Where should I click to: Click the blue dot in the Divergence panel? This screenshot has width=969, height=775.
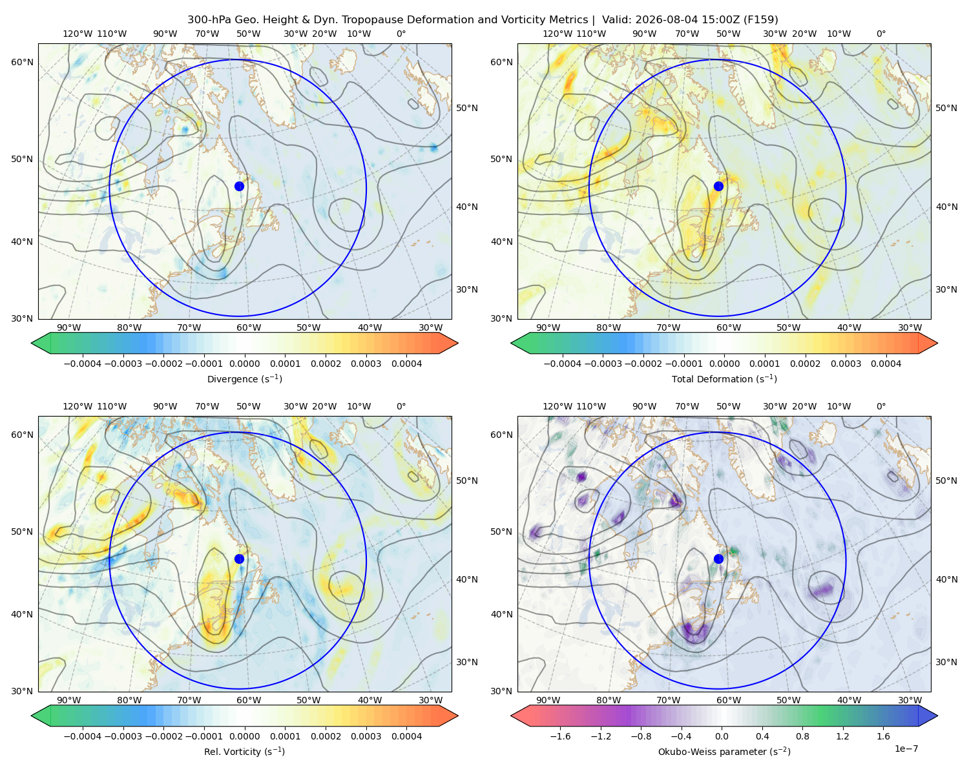tap(239, 186)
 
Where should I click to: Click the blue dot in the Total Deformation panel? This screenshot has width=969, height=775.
tap(718, 186)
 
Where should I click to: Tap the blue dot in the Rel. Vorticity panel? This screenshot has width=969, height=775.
tap(239, 559)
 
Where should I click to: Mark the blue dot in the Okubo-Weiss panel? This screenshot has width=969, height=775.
tap(718, 559)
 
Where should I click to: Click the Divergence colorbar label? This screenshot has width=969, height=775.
tap(244, 378)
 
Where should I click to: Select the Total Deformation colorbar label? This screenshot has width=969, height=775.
tap(724, 378)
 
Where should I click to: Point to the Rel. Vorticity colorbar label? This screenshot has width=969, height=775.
tap(244, 751)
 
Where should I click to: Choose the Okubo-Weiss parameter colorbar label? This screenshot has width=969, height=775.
tap(724, 751)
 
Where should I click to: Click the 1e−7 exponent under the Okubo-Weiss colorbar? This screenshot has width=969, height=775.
tap(906, 749)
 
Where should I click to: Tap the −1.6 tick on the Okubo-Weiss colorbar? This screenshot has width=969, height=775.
tap(560, 736)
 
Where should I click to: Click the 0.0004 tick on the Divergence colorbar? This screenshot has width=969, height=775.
tap(406, 364)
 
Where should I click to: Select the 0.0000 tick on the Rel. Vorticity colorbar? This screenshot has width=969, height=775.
tap(244, 736)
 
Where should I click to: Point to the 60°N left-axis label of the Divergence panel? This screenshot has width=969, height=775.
tap(22, 62)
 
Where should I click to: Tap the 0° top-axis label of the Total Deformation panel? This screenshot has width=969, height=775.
tap(880, 34)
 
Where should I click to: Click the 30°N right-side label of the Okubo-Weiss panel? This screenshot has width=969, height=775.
tap(946, 662)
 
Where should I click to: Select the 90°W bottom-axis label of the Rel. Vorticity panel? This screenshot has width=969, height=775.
tap(69, 700)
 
